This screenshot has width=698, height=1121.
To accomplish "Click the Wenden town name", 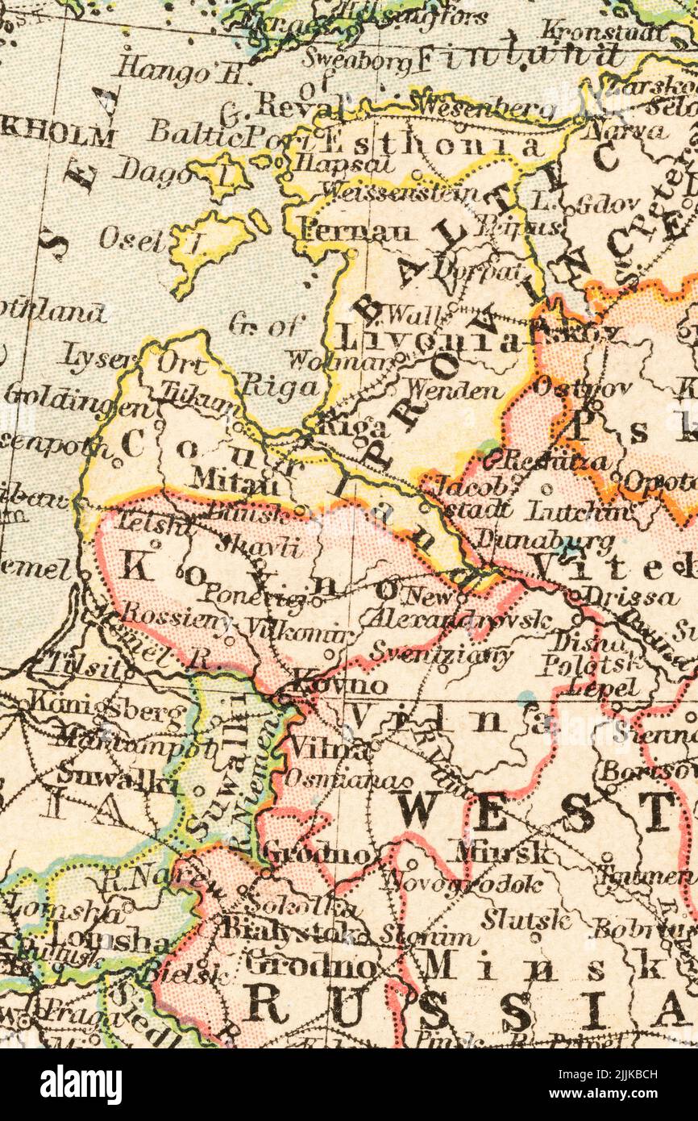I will [454, 391].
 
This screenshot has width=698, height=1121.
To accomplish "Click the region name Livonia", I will [427, 339].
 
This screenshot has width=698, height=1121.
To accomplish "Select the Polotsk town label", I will [592, 665].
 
